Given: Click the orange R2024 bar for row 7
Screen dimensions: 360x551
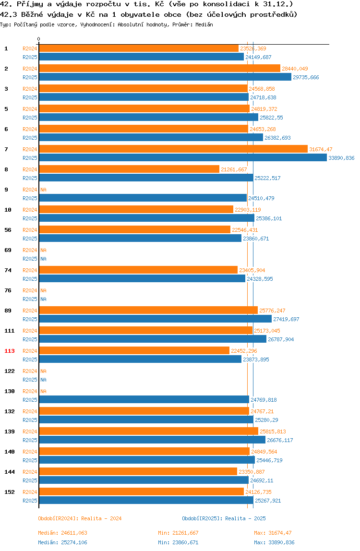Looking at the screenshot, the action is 173,149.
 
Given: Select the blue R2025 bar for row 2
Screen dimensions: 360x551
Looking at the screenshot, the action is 165,77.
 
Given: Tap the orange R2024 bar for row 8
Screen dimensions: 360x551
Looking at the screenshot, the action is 129,169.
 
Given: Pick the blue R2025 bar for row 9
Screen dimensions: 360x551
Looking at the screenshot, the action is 143,198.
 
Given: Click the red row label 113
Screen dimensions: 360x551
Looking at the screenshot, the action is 10,351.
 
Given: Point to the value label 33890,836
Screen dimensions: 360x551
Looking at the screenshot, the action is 341,158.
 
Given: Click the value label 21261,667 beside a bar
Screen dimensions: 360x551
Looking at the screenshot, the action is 234,169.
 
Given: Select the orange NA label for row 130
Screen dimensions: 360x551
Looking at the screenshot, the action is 43,391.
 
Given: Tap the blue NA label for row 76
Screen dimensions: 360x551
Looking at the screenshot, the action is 43,299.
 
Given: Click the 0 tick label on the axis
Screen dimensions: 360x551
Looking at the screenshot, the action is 39,39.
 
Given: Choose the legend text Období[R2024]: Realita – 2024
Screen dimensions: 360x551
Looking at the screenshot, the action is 80,518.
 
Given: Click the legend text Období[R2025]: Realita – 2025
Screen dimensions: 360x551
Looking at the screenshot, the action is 224,518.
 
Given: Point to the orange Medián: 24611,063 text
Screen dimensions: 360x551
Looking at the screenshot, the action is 62,533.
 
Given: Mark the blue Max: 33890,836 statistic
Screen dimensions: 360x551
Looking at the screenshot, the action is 274,542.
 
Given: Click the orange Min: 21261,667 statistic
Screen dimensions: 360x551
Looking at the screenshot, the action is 178,533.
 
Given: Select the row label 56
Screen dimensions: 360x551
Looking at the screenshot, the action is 8,230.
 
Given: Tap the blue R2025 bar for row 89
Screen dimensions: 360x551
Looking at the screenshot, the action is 156,319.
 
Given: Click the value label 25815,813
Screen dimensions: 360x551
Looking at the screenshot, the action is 273,431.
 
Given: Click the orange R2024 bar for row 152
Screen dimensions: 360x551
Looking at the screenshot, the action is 141,491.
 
